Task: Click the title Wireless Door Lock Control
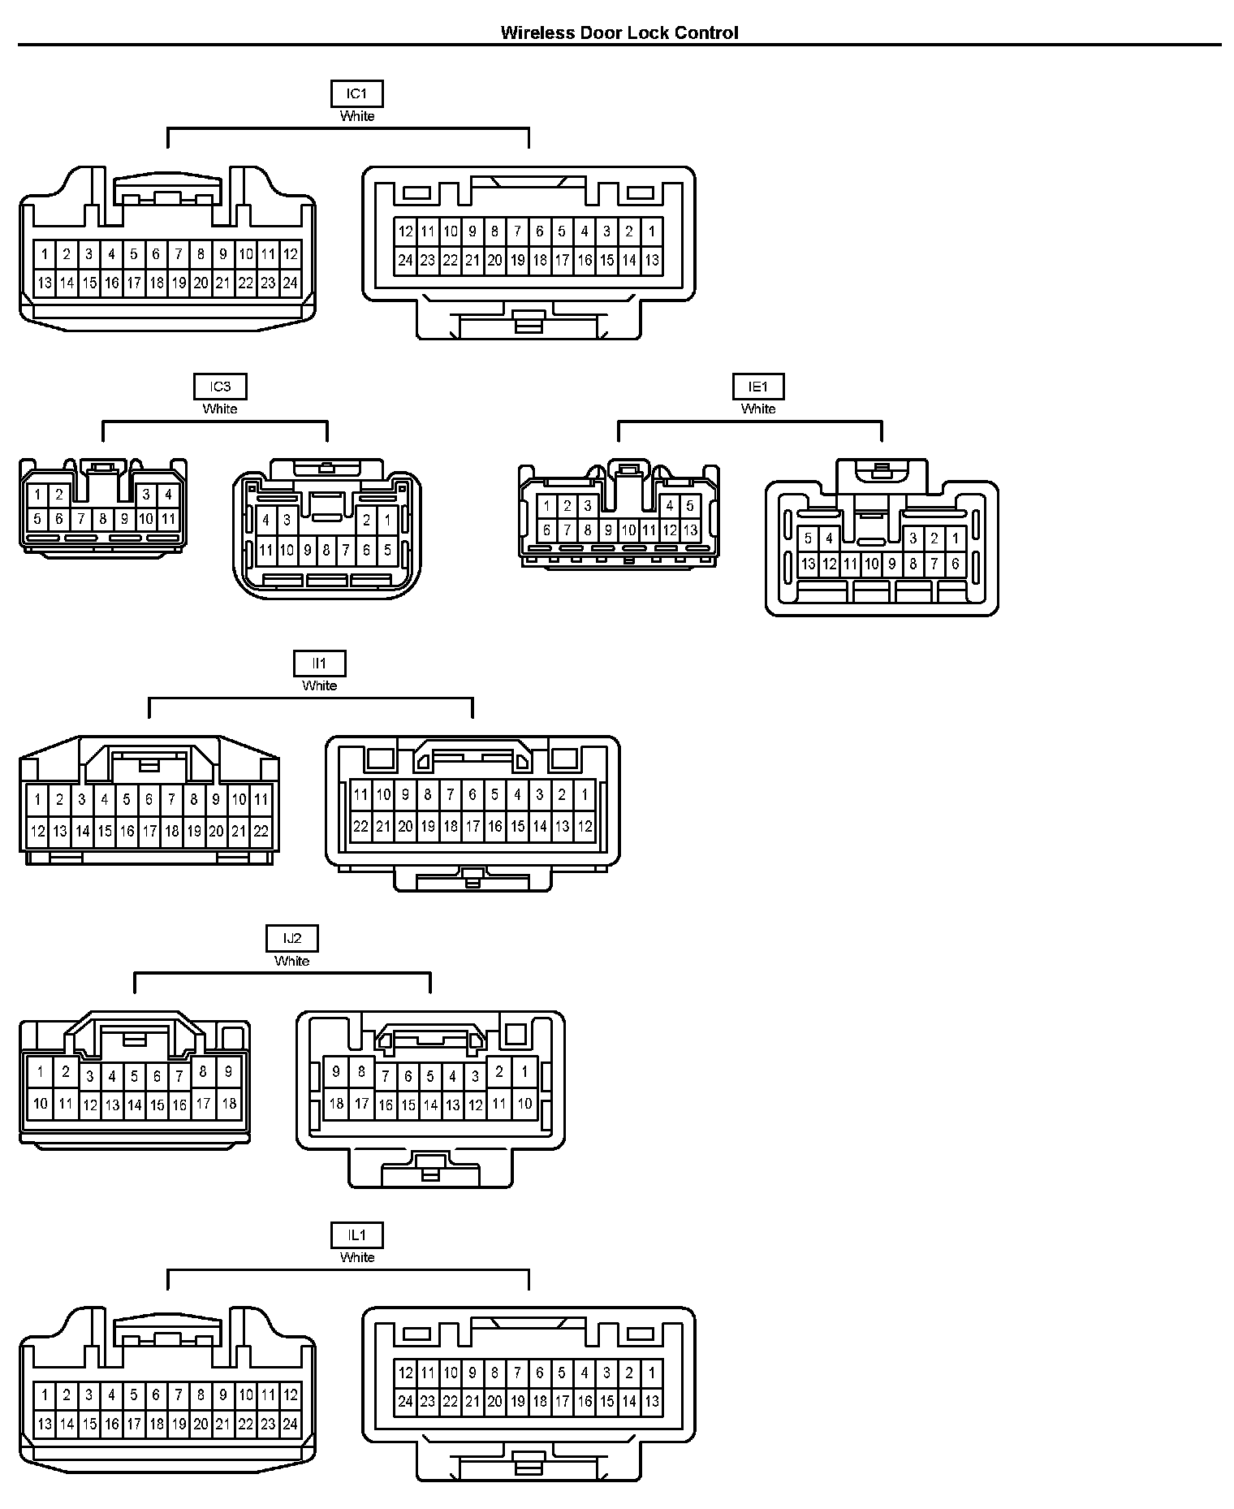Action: [619, 32]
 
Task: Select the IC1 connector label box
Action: [356, 93]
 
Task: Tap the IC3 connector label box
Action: [220, 387]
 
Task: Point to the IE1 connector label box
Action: [758, 387]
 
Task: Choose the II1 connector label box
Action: [319, 664]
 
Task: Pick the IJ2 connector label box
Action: [291, 939]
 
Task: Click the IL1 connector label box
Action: [356, 1235]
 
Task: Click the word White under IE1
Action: [758, 409]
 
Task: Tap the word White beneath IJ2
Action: [291, 961]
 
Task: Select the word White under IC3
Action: [220, 409]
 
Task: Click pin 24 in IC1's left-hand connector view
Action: [290, 283]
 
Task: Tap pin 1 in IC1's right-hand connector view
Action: [651, 231]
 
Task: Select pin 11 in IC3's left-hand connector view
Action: [168, 518]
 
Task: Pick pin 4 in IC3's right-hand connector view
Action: [266, 520]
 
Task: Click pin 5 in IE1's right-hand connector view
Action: [808, 538]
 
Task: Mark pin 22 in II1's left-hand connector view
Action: [261, 831]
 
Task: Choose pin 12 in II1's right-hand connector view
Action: [585, 827]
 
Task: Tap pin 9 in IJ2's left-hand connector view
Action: [229, 1072]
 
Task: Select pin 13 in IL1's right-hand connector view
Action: [651, 1401]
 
